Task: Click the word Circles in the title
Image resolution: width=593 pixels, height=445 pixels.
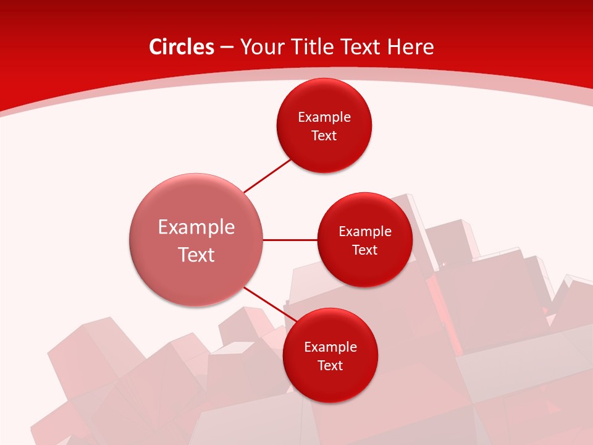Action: [181, 47]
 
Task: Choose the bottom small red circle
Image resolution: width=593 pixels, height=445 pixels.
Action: [330, 383]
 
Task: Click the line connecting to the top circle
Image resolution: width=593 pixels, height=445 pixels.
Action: [268, 176]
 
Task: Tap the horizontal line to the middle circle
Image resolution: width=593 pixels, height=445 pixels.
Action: [290, 239]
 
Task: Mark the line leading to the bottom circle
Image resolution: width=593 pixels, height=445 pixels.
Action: [266, 303]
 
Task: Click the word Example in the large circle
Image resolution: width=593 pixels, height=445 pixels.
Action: [196, 227]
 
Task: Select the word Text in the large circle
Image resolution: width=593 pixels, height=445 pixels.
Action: [196, 255]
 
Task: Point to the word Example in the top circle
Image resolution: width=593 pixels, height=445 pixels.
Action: [324, 117]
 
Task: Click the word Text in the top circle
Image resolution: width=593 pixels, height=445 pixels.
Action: [324, 135]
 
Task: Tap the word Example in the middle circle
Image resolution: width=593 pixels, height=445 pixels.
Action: [365, 231]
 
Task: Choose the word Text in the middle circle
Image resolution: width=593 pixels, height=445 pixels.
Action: [365, 250]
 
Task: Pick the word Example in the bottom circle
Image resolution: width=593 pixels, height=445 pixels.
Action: [330, 347]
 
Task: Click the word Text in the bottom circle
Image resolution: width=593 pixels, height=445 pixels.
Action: [330, 365]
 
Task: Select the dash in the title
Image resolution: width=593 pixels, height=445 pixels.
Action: [227, 48]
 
